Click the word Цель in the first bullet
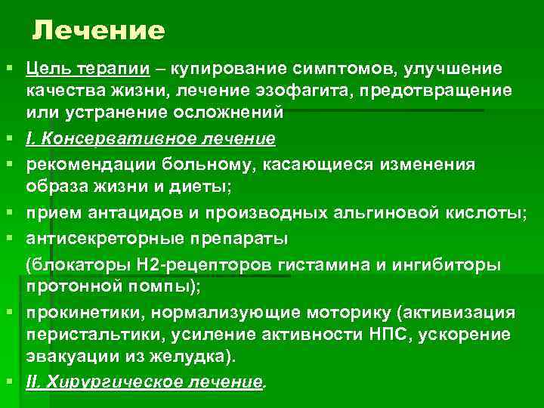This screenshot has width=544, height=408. tap(45, 70)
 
